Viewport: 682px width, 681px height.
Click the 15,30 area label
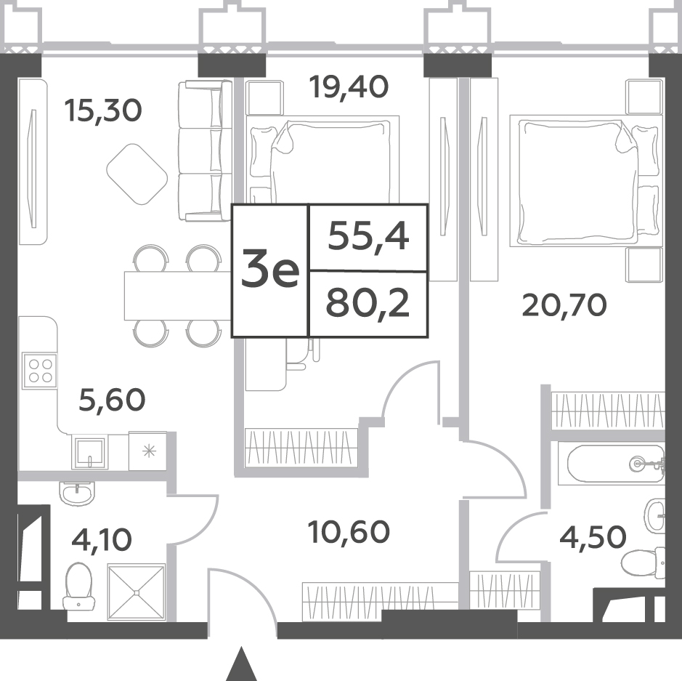(102, 110)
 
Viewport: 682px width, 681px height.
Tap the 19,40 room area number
(349, 86)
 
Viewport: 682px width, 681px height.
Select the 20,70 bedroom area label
(564, 305)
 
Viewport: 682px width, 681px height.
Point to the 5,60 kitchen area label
(112, 400)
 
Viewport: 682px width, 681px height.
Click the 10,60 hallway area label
(349, 532)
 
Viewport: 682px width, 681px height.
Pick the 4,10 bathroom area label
(102, 539)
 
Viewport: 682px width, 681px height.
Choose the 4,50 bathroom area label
(593, 537)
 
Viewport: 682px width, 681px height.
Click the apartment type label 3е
(270, 270)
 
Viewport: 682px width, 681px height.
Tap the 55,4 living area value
(368, 237)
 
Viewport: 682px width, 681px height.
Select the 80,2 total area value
(368, 303)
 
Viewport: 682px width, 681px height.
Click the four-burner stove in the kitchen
(39, 371)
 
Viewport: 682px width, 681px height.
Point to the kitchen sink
(90, 453)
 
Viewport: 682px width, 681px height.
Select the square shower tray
(137, 592)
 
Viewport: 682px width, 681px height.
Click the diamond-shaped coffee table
(137, 174)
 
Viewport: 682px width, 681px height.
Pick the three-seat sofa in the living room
(205, 150)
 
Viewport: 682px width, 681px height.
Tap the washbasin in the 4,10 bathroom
(76, 493)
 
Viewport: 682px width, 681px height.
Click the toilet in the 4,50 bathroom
(643, 563)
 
